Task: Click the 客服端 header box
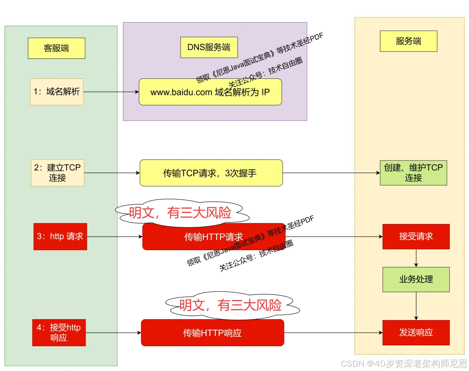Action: click(56, 48)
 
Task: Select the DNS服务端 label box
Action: click(209, 47)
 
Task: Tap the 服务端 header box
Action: click(408, 41)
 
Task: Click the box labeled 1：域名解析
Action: click(56, 92)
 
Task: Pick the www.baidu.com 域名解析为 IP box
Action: click(210, 92)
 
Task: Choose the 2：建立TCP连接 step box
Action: click(57, 173)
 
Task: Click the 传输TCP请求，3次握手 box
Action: click(211, 173)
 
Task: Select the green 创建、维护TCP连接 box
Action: click(413, 173)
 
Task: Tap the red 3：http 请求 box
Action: click(60, 237)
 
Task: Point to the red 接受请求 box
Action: click(416, 237)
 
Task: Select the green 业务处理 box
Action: click(416, 279)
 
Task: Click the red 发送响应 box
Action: click(416, 333)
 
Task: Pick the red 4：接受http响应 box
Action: click(59, 333)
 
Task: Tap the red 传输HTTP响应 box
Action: click(212, 333)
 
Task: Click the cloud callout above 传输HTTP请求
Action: click(180, 213)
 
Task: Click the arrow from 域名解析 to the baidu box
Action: click(111, 92)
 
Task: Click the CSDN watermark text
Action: click(403, 363)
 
